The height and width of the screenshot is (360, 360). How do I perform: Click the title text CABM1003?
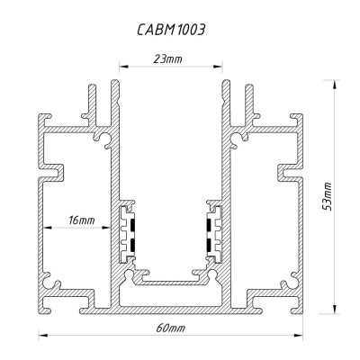[171, 29]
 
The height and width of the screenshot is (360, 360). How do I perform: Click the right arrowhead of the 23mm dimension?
[220, 67]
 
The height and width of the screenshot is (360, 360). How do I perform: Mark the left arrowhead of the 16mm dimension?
[41, 227]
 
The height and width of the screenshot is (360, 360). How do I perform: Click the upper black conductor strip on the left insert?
[131, 221]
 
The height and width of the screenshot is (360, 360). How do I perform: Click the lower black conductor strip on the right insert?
[211, 245]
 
